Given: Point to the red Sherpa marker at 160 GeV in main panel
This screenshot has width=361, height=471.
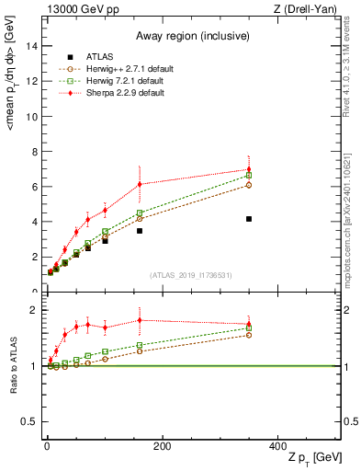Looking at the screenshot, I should (x=140, y=184).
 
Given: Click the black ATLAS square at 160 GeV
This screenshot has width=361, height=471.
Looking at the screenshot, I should (x=140, y=231).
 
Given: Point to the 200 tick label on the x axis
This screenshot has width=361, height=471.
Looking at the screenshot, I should (x=162, y=446).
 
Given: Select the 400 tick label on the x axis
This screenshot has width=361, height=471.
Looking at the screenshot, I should (x=277, y=446).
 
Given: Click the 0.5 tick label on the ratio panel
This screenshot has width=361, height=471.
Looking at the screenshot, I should (x=30, y=422).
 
